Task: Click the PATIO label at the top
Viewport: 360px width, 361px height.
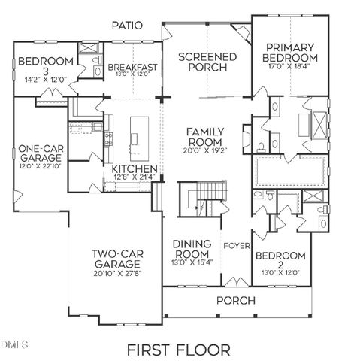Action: pyautogui.click(x=128, y=25)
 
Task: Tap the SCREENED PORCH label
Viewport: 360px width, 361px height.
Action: pyautogui.click(x=207, y=62)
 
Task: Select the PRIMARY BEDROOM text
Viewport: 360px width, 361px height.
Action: pyautogui.click(x=290, y=52)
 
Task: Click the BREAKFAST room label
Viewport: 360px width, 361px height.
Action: pyautogui.click(x=132, y=67)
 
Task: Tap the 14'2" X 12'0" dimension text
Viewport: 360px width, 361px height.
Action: pyautogui.click(x=47, y=78)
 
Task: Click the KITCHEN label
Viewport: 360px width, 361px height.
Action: pyautogui.click(x=134, y=168)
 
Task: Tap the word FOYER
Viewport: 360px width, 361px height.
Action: pyautogui.click(x=237, y=246)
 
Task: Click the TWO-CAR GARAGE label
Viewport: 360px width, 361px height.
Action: pyautogui.click(x=116, y=259)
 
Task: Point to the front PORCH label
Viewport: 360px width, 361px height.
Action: pyautogui.click(x=235, y=300)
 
